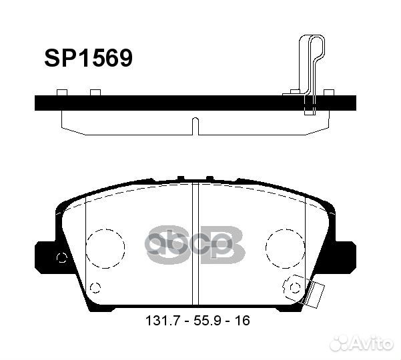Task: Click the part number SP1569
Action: pos(89,59)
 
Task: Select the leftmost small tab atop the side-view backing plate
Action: pos(61,92)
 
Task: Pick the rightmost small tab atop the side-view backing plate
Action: pos(328,92)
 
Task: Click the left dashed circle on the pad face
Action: pos(105,249)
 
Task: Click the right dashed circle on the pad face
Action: pos(285,249)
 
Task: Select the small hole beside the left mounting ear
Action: pos(62,259)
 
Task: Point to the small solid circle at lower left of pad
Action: pos(95,288)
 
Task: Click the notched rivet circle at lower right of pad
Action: pos(294,286)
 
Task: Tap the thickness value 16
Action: pos(242,321)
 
